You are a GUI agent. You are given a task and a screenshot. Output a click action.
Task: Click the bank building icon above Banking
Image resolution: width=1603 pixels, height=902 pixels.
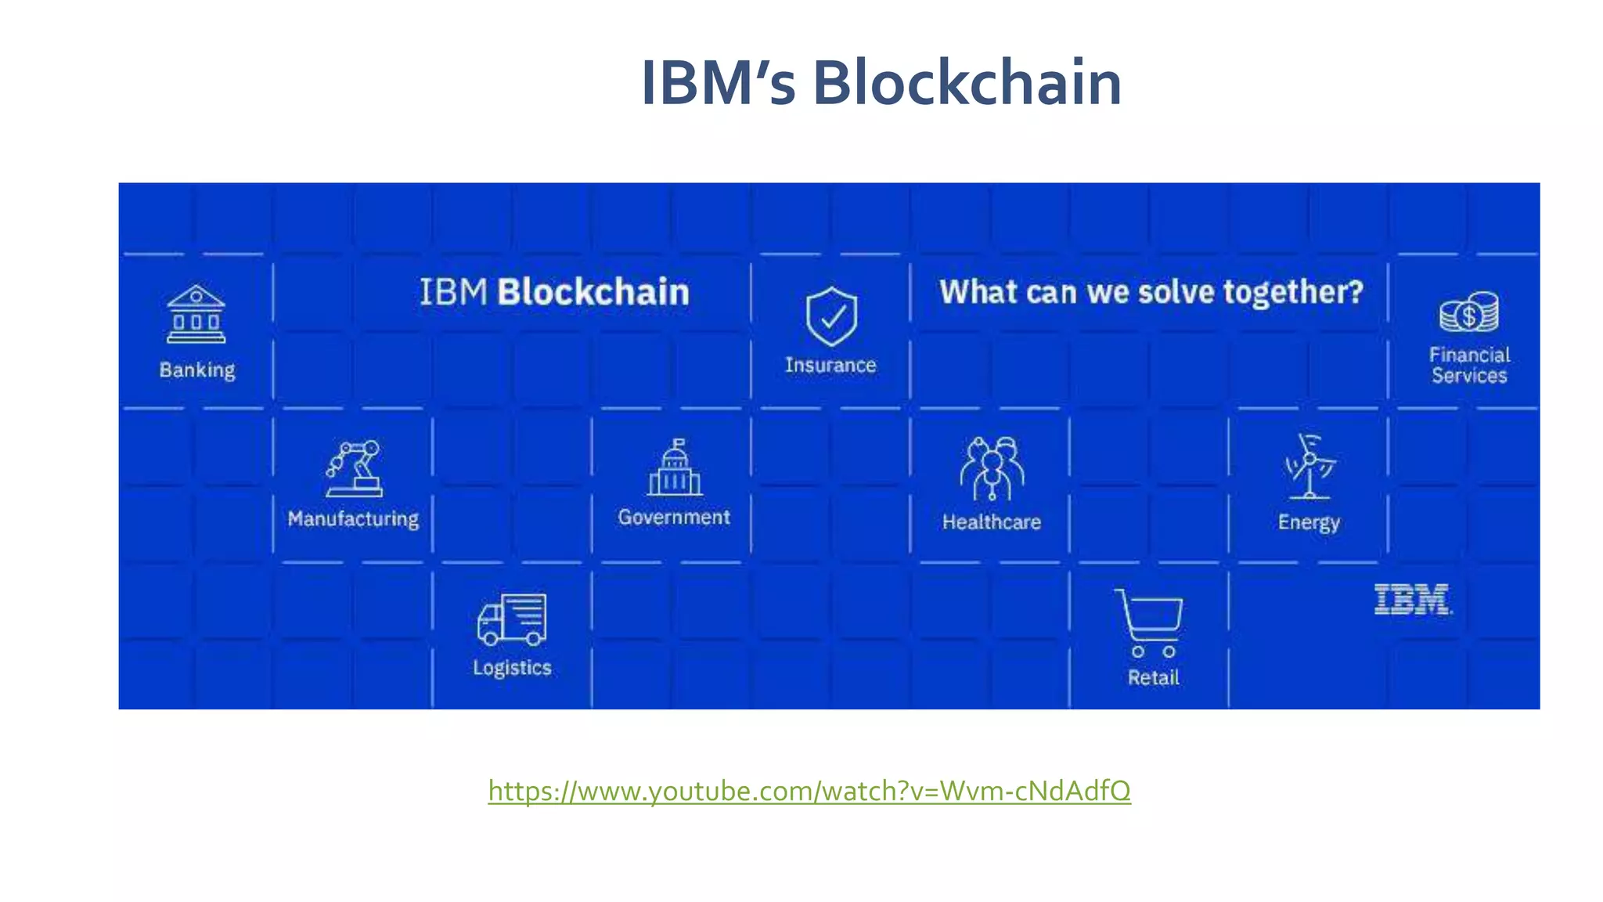[196, 314]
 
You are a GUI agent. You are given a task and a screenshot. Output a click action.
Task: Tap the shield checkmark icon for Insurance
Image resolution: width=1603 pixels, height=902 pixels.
[831, 316]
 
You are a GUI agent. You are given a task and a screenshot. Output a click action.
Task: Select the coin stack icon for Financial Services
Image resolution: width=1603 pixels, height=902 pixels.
[1469, 312]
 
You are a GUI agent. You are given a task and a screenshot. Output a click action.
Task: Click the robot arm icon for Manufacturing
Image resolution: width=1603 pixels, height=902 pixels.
[354, 468]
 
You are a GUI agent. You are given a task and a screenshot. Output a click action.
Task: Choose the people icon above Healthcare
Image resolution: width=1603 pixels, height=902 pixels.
[992, 469]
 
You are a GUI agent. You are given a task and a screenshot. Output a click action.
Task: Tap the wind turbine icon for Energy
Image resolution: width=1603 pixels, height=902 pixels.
[1309, 467]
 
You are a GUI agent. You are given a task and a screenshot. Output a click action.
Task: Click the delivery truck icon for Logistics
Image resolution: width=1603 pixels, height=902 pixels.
[512, 619]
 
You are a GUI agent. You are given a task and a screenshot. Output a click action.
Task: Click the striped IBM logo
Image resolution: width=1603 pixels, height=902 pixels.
[1413, 600]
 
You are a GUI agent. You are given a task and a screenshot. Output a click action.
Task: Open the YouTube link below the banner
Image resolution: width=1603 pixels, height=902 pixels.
[809, 791]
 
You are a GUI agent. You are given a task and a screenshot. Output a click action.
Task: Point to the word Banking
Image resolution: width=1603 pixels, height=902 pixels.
[197, 370]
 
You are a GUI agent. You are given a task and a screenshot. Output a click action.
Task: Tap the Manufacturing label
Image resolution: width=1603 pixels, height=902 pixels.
[354, 519]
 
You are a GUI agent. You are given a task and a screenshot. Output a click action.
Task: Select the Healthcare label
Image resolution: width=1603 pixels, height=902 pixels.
[992, 522]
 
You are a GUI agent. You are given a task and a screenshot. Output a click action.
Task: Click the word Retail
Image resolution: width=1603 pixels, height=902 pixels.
[1153, 677]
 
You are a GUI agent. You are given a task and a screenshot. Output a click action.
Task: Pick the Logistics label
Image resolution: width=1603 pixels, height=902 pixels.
[512, 668]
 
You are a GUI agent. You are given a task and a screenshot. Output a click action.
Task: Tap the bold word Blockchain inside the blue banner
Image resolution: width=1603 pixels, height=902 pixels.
[593, 292]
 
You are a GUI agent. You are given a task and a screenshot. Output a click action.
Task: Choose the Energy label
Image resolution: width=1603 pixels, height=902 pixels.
[1309, 522]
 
